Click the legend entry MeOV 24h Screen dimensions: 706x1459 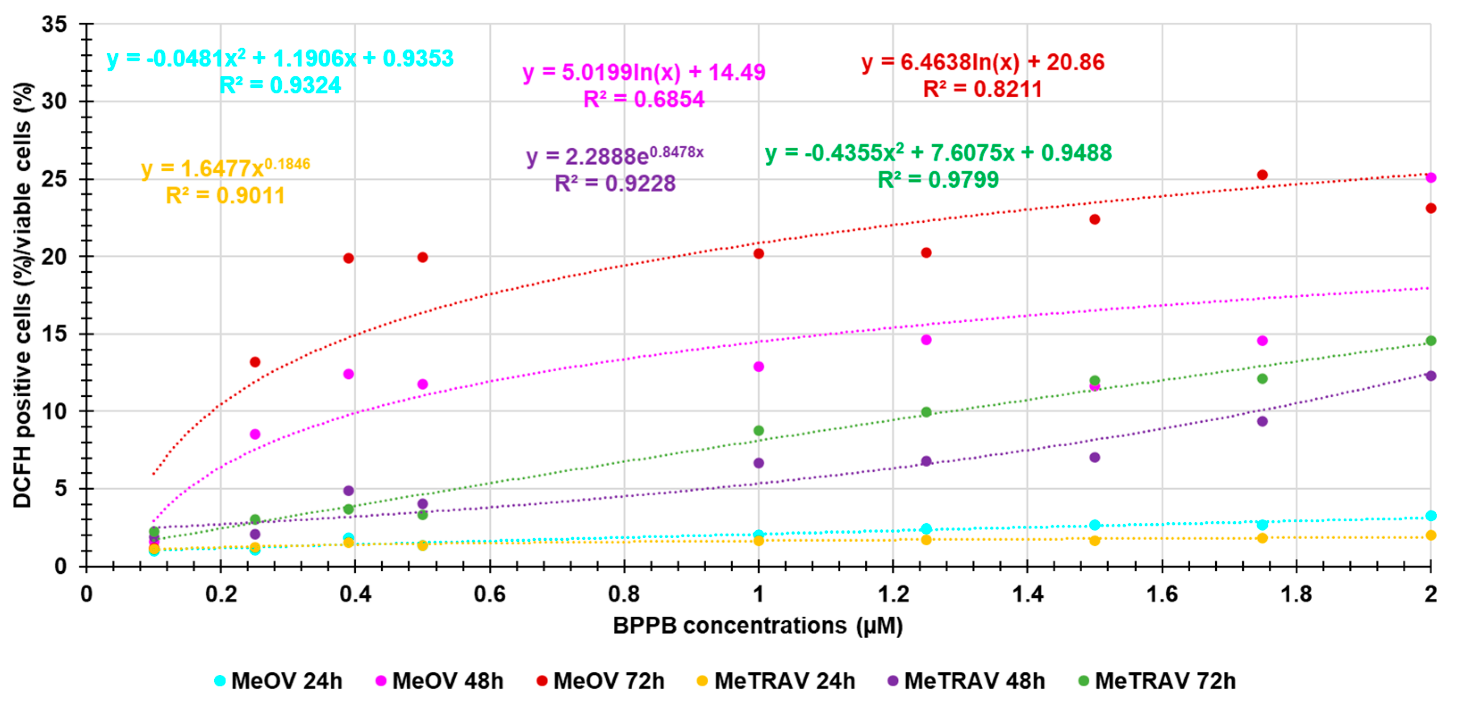279,681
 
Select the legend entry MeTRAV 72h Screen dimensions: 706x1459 1157,681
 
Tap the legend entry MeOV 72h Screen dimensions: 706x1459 601,681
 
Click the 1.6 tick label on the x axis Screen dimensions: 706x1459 1162,594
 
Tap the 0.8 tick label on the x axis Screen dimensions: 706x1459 624,594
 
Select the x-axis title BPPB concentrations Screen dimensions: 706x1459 757,626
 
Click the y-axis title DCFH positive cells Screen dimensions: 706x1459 23,295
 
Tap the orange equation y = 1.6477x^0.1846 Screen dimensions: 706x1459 225,168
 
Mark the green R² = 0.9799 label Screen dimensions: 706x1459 938,180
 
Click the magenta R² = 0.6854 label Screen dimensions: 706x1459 643,100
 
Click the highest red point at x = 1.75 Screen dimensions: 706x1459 1262,175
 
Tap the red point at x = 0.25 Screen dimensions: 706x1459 255,362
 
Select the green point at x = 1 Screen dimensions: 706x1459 759,431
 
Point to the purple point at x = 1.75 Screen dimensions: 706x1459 1262,421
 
